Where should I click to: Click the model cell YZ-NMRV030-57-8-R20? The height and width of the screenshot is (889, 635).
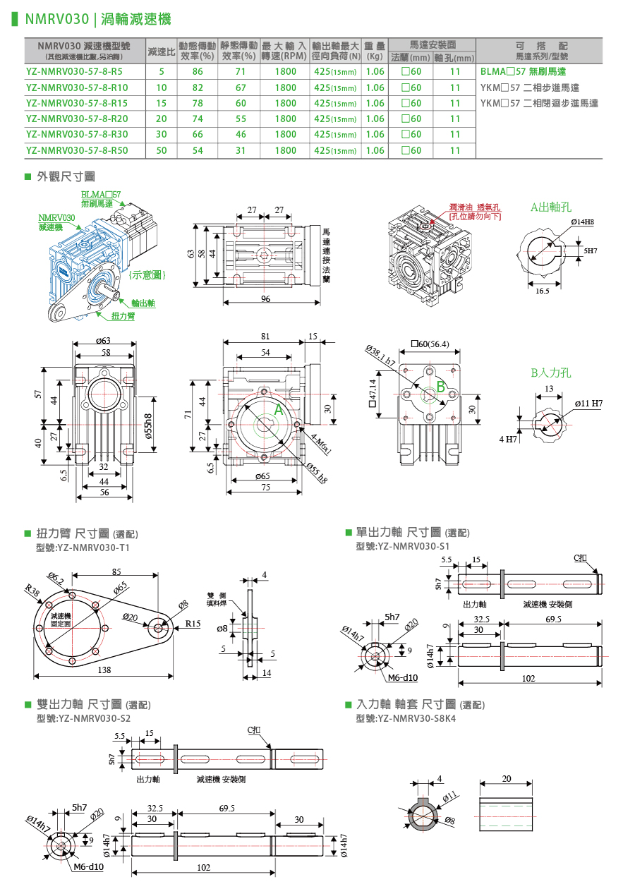pyautogui.click(x=77, y=119)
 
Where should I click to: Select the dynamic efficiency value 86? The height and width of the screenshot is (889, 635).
pyautogui.click(x=198, y=72)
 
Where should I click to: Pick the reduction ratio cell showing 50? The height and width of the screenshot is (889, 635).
pyautogui.click(x=162, y=150)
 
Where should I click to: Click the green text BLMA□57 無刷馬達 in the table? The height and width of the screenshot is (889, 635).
pyautogui.click(x=523, y=72)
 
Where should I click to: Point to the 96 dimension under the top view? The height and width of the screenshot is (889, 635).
pyautogui.click(x=265, y=298)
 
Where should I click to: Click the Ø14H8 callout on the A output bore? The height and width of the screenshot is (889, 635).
pyautogui.click(x=582, y=222)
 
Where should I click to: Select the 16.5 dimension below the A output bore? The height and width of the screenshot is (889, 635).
pyautogui.click(x=543, y=290)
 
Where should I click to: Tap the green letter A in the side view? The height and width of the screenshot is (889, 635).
pyautogui.click(x=278, y=409)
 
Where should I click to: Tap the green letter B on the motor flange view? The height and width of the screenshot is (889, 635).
pyautogui.click(x=440, y=387)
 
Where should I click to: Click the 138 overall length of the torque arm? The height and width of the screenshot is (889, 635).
pyautogui.click(x=103, y=670)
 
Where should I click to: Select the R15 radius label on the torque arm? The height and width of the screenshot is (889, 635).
pyautogui.click(x=193, y=624)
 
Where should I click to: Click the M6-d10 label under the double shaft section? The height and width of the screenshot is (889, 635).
pyautogui.click(x=88, y=867)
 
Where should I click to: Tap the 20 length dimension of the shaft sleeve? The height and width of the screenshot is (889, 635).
pyautogui.click(x=507, y=778)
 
